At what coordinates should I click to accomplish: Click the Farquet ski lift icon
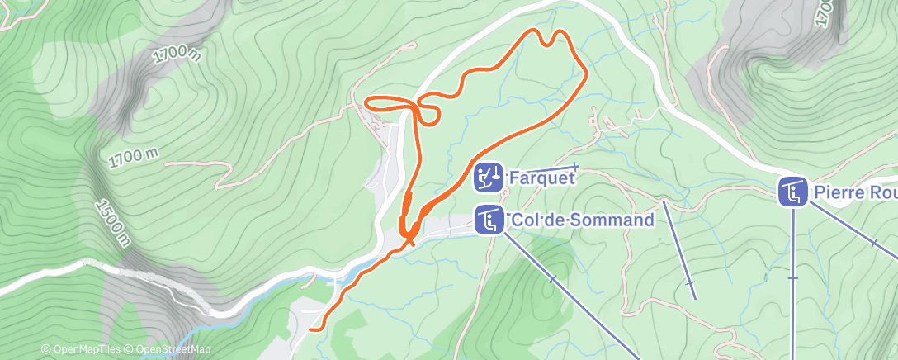pos(488,177)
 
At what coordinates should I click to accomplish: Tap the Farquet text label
pos(541,178)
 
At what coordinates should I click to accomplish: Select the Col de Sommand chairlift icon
pos(488,220)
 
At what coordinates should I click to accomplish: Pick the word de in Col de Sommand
pos(555,220)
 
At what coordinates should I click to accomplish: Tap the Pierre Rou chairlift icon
pos(792,192)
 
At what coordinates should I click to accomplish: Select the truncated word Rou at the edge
pos(881,192)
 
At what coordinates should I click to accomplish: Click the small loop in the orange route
pos(428,111)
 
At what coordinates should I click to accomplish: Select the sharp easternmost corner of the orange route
pos(586,74)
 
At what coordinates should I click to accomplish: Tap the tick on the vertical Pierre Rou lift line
pos(793,278)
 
